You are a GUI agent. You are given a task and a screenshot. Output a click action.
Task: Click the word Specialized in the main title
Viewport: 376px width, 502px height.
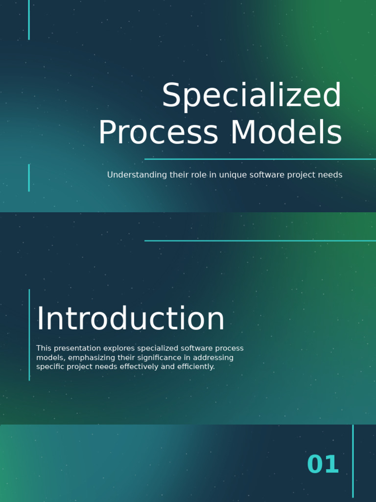point(252,96)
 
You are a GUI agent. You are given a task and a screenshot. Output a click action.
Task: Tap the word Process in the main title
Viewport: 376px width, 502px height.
point(158,133)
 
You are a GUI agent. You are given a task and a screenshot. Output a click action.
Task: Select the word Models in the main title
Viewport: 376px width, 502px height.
point(286,133)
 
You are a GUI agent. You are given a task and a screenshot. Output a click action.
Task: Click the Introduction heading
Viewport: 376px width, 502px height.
point(130,319)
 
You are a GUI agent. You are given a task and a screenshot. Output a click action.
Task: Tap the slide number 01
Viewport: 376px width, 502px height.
point(323,465)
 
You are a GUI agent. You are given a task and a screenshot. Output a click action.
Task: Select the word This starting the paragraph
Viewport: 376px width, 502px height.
point(44,349)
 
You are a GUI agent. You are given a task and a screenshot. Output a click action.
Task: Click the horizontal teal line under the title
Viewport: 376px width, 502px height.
point(259,159)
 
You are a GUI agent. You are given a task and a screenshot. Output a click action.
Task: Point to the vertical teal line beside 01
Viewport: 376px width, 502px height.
point(353,461)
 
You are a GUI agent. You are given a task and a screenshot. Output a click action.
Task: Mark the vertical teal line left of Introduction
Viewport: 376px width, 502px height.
point(29,335)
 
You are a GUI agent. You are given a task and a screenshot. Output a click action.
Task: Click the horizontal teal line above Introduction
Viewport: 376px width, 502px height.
point(259,241)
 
